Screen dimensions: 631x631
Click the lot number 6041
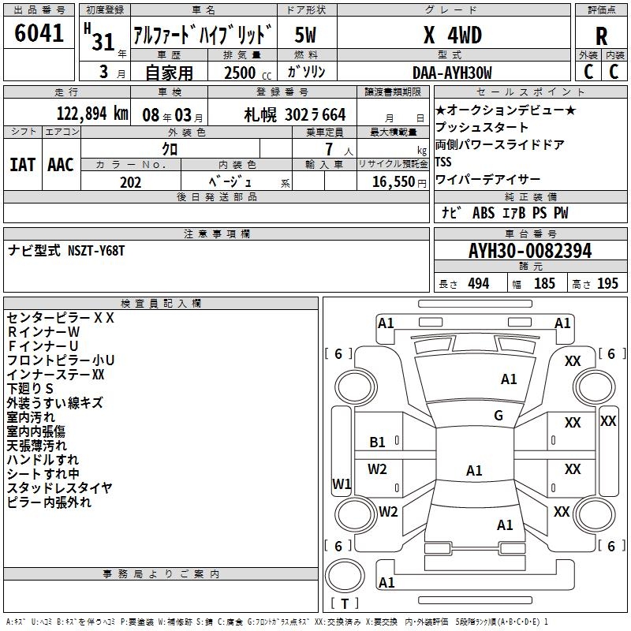(x=39, y=35)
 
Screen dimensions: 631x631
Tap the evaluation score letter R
(x=602, y=36)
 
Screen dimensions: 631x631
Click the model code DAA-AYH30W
(x=452, y=73)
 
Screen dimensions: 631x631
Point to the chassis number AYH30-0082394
(x=529, y=251)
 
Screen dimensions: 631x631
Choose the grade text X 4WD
(x=452, y=35)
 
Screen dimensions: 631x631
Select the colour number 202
(x=130, y=182)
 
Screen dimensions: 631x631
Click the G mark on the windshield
(x=498, y=416)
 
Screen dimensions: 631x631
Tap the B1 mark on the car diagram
(x=378, y=442)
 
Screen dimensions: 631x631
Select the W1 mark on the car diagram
(x=342, y=484)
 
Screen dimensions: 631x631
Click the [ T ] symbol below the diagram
(x=345, y=603)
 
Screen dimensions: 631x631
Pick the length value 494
(x=479, y=283)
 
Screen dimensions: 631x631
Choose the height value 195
(x=607, y=283)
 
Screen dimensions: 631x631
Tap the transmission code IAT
(x=22, y=165)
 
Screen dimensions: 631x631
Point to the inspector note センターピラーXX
(x=61, y=318)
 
